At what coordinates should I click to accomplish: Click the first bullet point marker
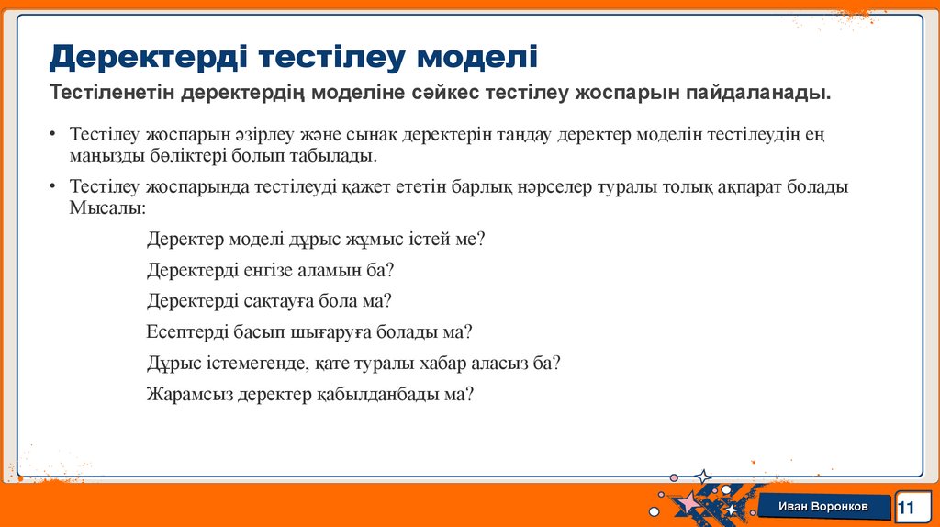click(x=55, y=135)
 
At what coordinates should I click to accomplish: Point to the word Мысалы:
click(x=106, y=207)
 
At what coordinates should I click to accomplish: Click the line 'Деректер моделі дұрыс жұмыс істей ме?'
click(x=315, y=239)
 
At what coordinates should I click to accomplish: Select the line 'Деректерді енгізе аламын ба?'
click(x=270, y=270)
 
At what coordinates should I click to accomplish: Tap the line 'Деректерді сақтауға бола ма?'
click(x=269, y=300)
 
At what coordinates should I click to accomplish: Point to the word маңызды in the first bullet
click(x=105, y=155)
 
